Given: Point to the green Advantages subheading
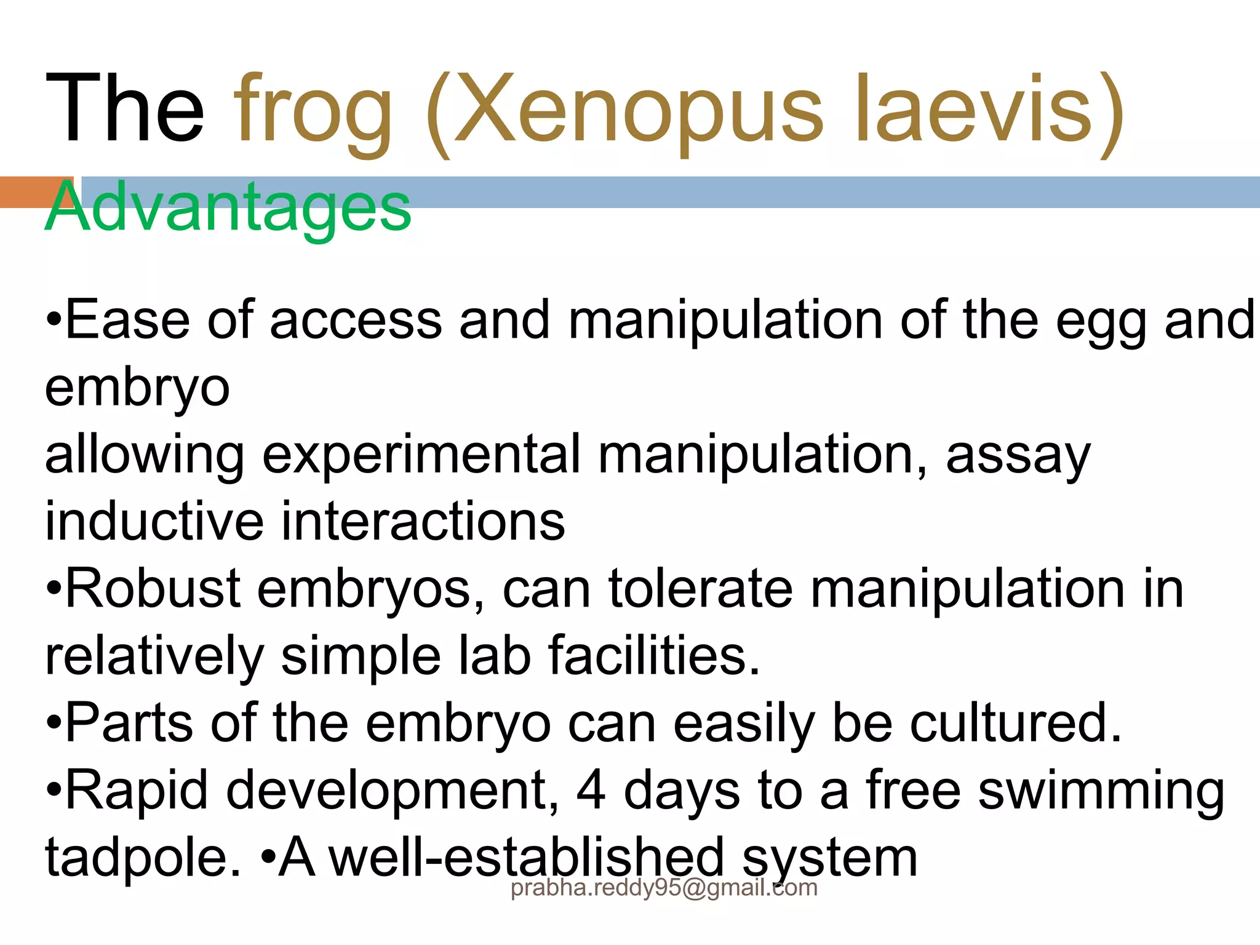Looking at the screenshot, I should tap(228, 207).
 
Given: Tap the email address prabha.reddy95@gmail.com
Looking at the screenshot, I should tap(664, 888).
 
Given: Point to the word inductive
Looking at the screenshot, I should tap(154, 522).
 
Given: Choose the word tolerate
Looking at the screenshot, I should tap(701, 589).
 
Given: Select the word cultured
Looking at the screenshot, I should tap(1016, 723).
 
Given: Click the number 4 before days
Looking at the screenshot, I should tap(591, 791).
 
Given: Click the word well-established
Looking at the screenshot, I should tap(527, 858).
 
